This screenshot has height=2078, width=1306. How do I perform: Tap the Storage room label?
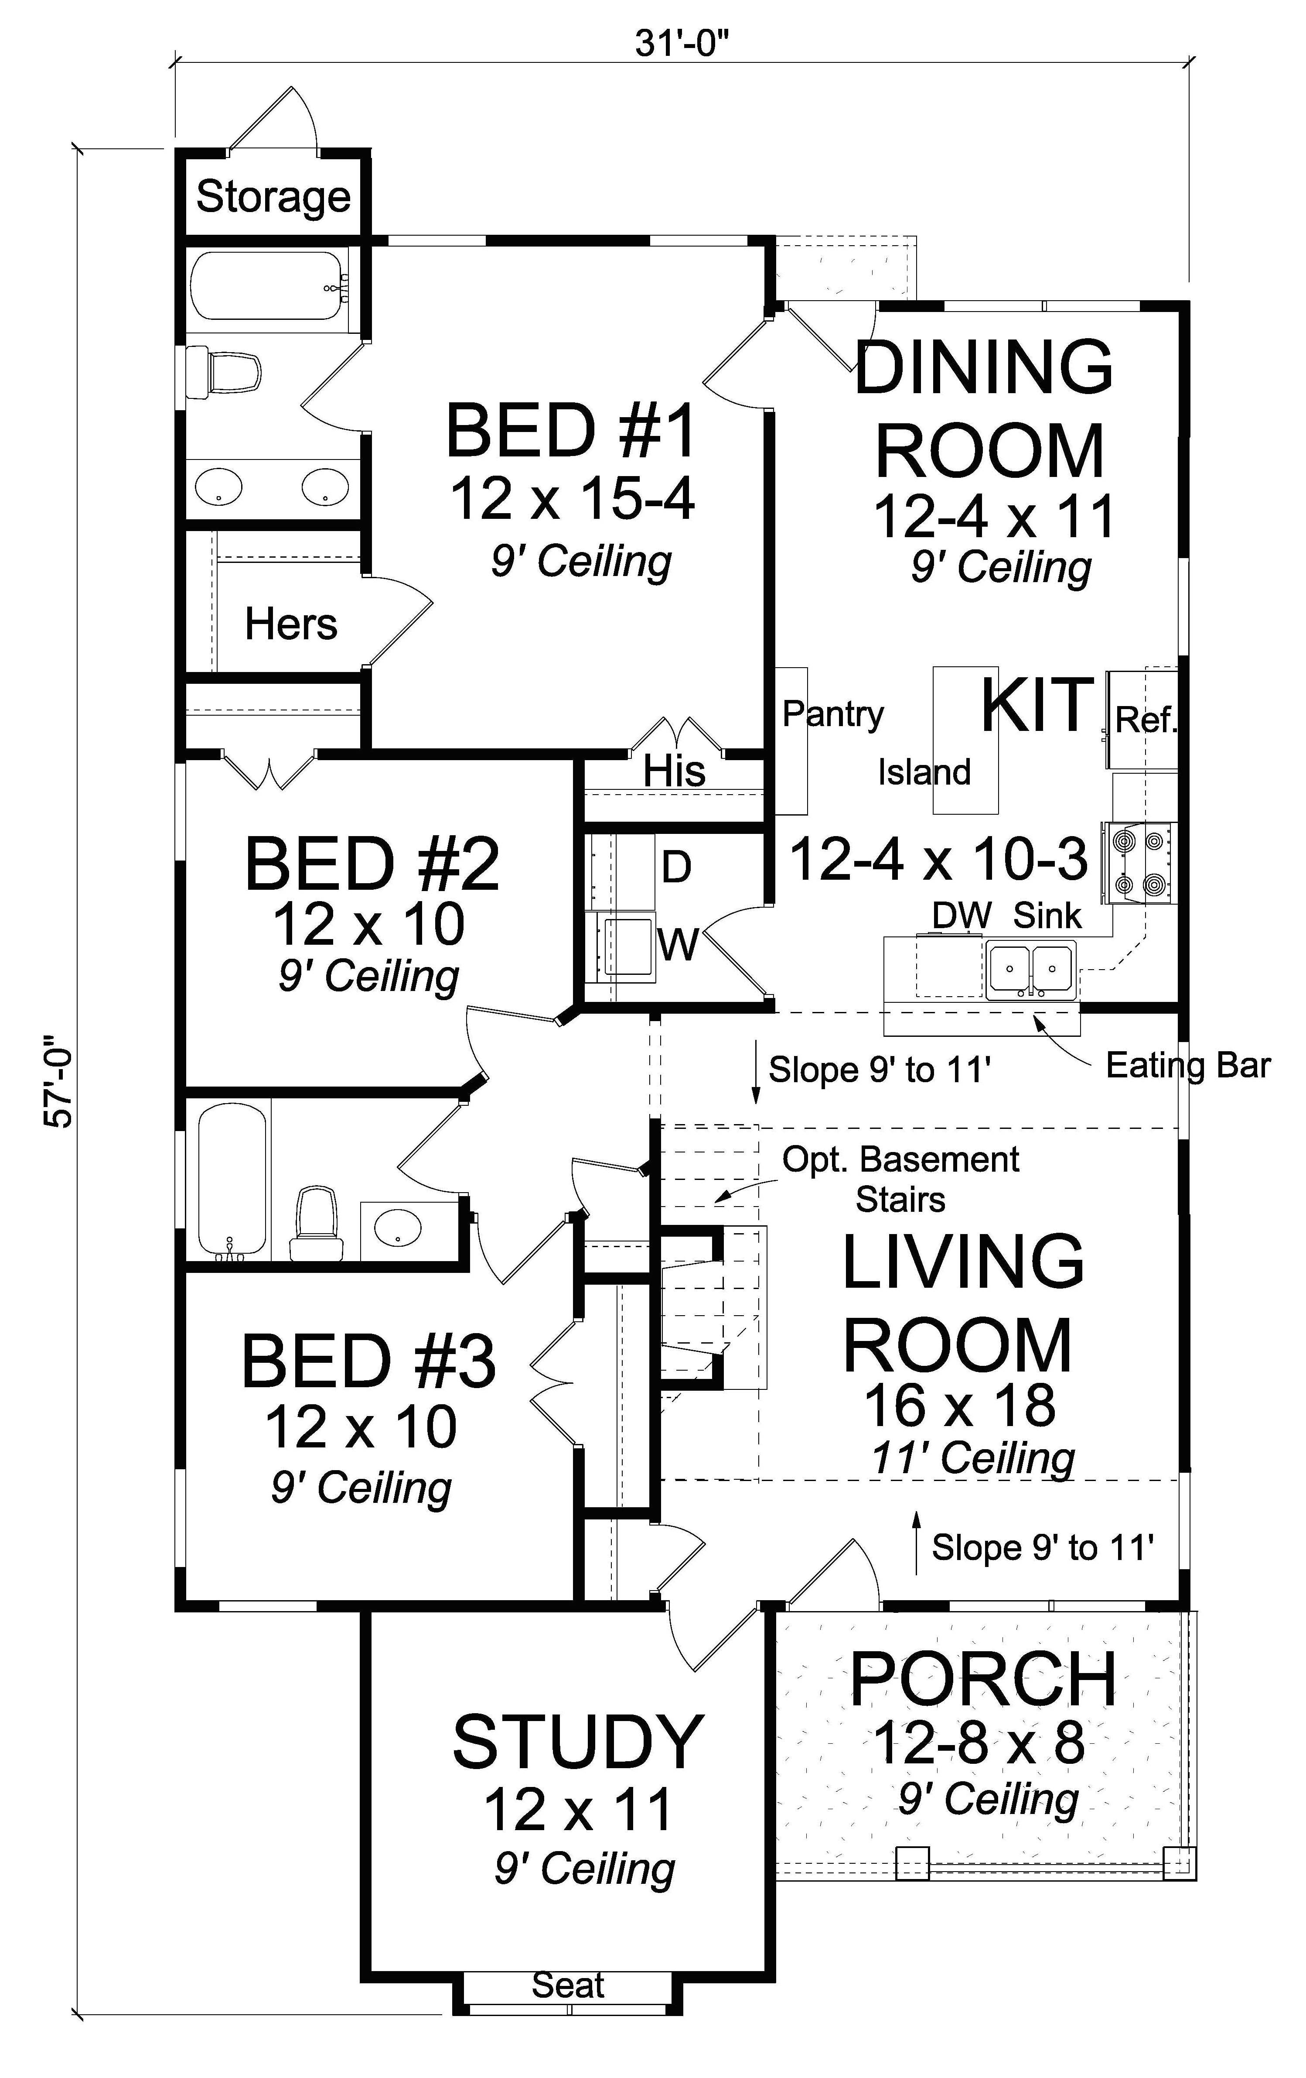273,197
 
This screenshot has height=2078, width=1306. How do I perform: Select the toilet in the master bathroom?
224,373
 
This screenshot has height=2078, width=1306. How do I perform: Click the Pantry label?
832,713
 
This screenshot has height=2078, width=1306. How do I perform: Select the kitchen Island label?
924,772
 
